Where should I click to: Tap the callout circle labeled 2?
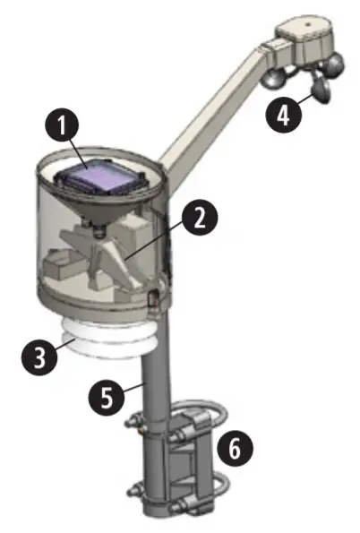pyautogui.click(x=199, y=214)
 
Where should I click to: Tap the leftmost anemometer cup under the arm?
pyautogui.click(x=275, y=78)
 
